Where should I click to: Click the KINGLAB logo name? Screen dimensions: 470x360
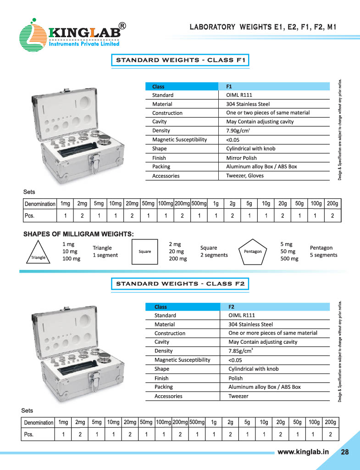click(x=85, y=33)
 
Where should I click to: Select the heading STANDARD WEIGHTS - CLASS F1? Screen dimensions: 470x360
click(x=180, y=60)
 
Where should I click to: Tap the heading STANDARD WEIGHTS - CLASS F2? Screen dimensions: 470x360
click(x=180, y=284)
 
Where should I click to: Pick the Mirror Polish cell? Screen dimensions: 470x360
click(x=241, y=158)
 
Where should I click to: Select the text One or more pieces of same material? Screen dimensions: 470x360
click(x=272, y=333)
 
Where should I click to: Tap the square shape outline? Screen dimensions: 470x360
click(x=144, y=252)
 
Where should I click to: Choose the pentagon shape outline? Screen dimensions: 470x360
click(x=253, y=251)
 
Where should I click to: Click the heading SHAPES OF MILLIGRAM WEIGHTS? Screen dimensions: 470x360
click(x=78, y=235)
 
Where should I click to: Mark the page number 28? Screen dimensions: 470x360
click(x=345, y=452)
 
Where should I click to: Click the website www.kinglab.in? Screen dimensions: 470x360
click(x=304, y=452)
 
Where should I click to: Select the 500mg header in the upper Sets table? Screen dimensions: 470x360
click(x=199, y=203)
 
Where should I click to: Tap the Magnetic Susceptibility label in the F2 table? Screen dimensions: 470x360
click(x=182, y=360)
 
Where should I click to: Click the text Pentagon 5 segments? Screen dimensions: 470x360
click(x=323, y=252)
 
